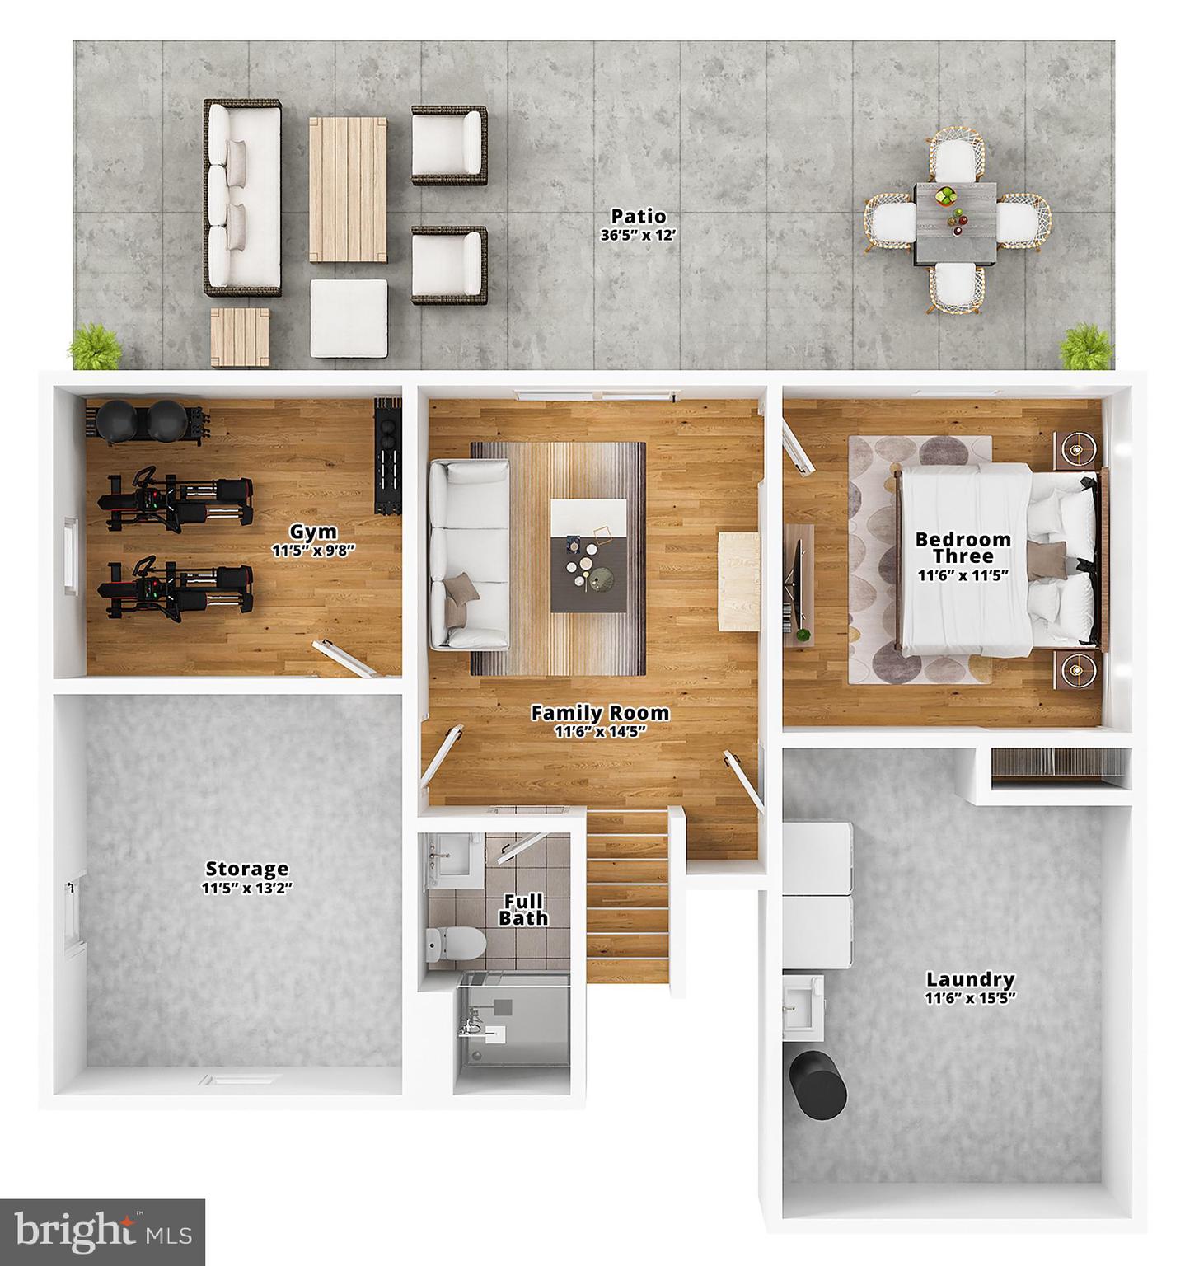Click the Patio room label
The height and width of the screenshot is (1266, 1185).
coord(638,217)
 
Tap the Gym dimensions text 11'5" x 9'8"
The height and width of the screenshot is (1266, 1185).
coord(314,551)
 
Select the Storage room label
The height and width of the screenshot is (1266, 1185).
coord(247,869)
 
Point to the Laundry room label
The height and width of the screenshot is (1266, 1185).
coord(970,979)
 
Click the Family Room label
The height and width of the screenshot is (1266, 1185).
coord(599,713)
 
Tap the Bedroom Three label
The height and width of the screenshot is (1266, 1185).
coord(963,547)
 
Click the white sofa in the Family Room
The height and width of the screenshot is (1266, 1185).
coord(469,554)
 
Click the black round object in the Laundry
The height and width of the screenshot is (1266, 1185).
coord(817,1085)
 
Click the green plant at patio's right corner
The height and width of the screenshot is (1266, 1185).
coord(1085,347)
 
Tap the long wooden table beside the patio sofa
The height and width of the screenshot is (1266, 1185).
coord(348,190)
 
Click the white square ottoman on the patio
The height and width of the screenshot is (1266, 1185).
coord(349,319)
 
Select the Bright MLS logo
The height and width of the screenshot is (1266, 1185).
coord(103,1232)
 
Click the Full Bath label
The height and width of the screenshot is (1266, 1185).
coord(523,909)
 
